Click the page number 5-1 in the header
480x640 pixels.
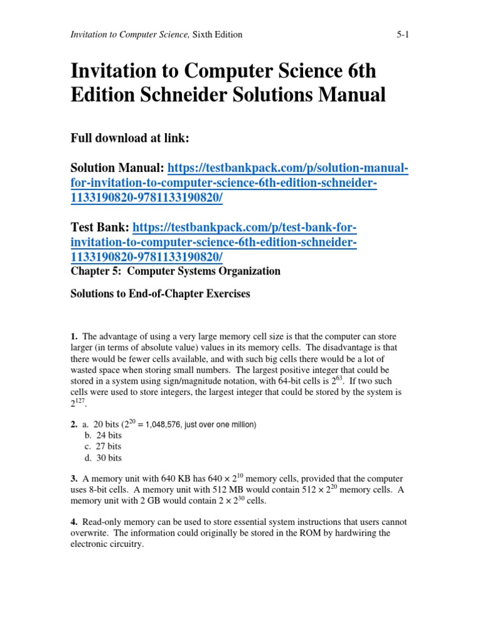402,35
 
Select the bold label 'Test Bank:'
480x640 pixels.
100,227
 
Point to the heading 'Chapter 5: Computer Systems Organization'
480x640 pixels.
175,271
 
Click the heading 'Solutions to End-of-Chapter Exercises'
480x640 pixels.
160,294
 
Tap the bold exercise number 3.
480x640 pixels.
74,479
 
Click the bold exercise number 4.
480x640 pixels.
74,522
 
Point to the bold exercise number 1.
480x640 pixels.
74,337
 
